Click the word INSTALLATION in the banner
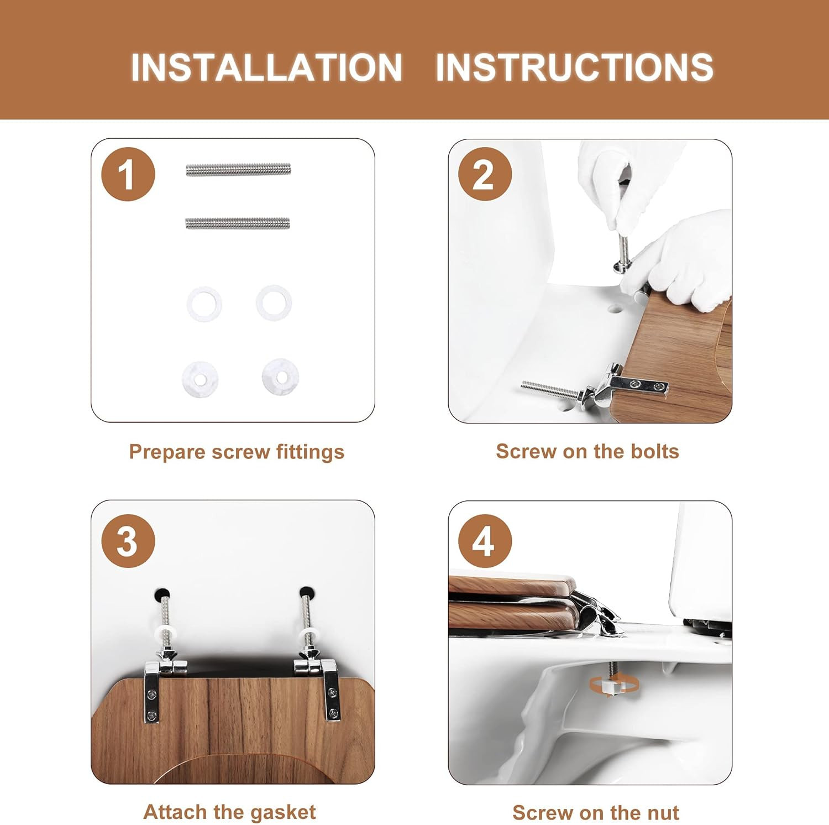tap(266, 67)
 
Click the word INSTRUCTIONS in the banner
tap(575, 67)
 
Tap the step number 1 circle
tap(128, 175)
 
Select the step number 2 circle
tap(485, 175)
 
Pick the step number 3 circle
tap(128, 541)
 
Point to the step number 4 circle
tap(485, 541)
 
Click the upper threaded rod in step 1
tap(238, 170)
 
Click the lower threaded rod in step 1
tap(238, 223)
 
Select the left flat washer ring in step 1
tap(204, 304)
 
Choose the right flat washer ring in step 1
tap(274, 302)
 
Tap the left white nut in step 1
tap(200, 379)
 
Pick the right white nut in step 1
tap(281, 377)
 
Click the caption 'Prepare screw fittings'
tap(237, 452)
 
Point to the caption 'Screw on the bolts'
tap(587, 451)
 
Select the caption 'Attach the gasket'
tap(229, 812)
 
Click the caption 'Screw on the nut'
tap(596, 812)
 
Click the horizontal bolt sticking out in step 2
tap(550, 389)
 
